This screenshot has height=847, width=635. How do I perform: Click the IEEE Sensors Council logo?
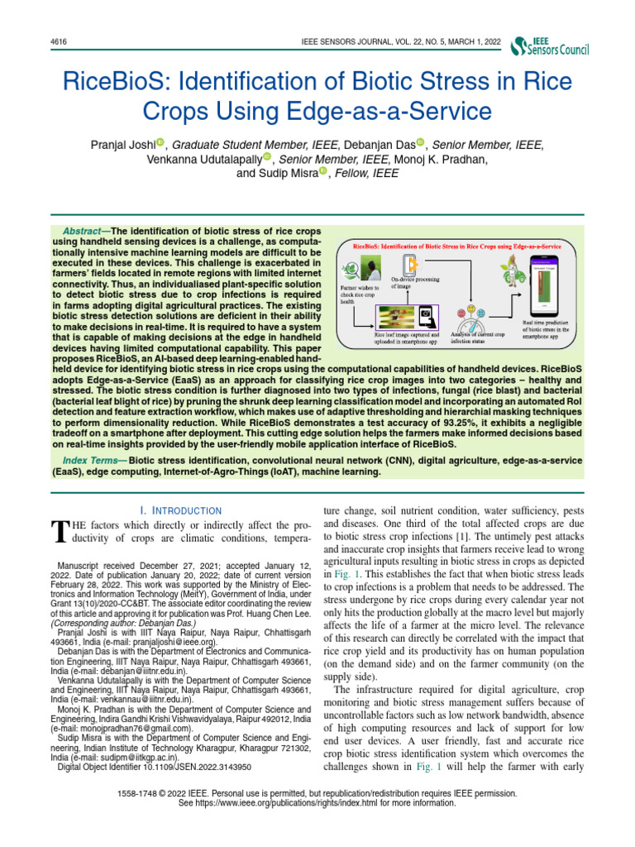tap(551, 47)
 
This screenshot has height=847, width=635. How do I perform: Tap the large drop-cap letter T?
tap(57, 533)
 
